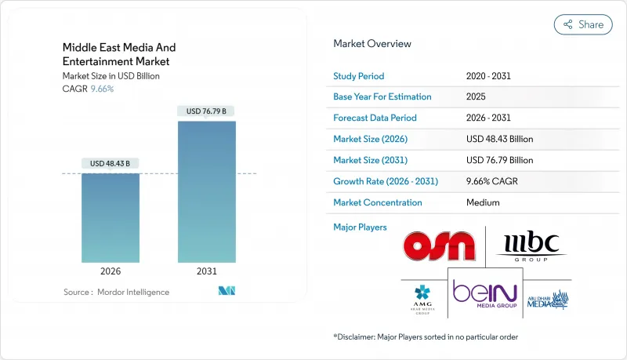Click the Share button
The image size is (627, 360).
coord(583,24)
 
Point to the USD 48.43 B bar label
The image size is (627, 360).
coord(111,163)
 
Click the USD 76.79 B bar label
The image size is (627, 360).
coord(206,111)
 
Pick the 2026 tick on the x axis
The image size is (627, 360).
coord(111,271)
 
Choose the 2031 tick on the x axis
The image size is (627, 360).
coord(206,271)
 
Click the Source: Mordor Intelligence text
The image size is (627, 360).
coord(117,292)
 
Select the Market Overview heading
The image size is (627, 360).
coord(372,44)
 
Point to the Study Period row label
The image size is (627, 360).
coord(359,76)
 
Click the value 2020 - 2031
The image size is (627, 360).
coord(491,76)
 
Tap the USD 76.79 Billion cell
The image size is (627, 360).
coord(499,160)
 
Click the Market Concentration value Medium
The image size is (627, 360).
coord(483,202)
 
